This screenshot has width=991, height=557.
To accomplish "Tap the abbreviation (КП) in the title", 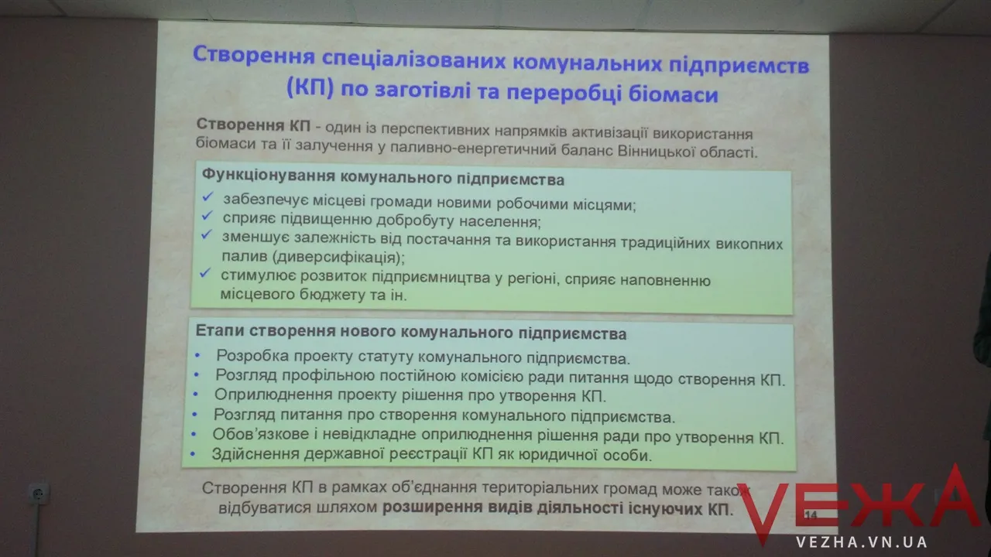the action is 310,87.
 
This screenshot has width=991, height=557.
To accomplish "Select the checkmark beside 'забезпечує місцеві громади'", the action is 207,196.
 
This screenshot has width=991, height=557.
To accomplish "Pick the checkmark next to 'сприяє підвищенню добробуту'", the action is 207,216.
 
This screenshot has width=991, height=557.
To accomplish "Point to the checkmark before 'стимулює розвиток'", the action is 205,273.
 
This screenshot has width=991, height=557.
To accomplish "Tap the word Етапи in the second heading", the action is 220,330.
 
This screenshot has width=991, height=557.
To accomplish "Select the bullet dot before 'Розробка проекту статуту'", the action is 197,355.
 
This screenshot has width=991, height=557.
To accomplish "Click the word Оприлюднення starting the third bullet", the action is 273,395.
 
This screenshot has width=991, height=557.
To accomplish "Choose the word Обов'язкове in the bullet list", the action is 261,434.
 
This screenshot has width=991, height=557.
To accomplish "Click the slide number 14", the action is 811,514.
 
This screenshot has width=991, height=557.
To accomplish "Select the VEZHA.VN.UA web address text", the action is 862,542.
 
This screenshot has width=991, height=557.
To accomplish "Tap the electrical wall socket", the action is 39,494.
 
